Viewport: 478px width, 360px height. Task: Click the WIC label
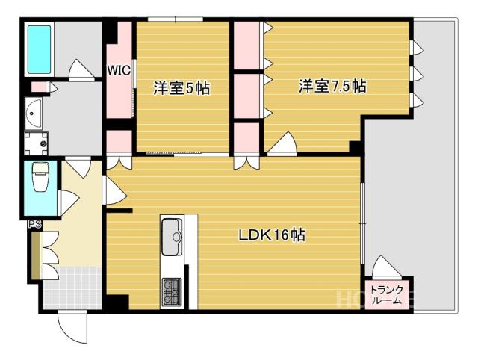pyautogui.click(x=119, y=71)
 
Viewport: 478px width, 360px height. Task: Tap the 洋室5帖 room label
pyautogui.click(x=182, y=88)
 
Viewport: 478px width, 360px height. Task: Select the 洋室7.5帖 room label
pyautogui.click(x=332, y=86)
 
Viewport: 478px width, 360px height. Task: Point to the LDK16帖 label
pyautogui.click(x=272, y=235)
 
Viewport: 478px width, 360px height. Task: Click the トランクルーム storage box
pyautogui.click(x=387, y=294)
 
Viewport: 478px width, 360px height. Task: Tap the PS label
pyautogui.click(x=35, y=224)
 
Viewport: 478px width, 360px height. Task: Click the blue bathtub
pyautogui.click(x=40, y=49)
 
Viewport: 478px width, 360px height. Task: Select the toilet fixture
pyautogui.click(x=40, y=177)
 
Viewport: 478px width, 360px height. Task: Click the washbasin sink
pyautogui.click(x=33, y=114)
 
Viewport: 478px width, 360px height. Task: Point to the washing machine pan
pyautogui.click(x=37, y=143)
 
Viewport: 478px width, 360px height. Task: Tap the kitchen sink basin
pyautogui.click(x=172, y=237)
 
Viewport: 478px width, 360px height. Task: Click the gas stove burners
pyautogui.click(x=173, y=291)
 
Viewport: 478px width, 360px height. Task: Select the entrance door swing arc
pyautogui.click(x=72, y=328)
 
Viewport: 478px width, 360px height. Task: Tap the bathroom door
pyautogui.click(x=80, y=69)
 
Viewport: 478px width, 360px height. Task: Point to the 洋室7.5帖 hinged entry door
pyautogui.click(x=282, y=144)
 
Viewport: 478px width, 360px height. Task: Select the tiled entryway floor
pyautogui.click(x=72, y=288)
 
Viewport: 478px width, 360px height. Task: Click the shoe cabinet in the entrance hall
pyautogui.click(x=36, y=255)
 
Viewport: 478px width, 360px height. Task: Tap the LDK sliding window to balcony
pyautogui.click(x=362, y=224)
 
